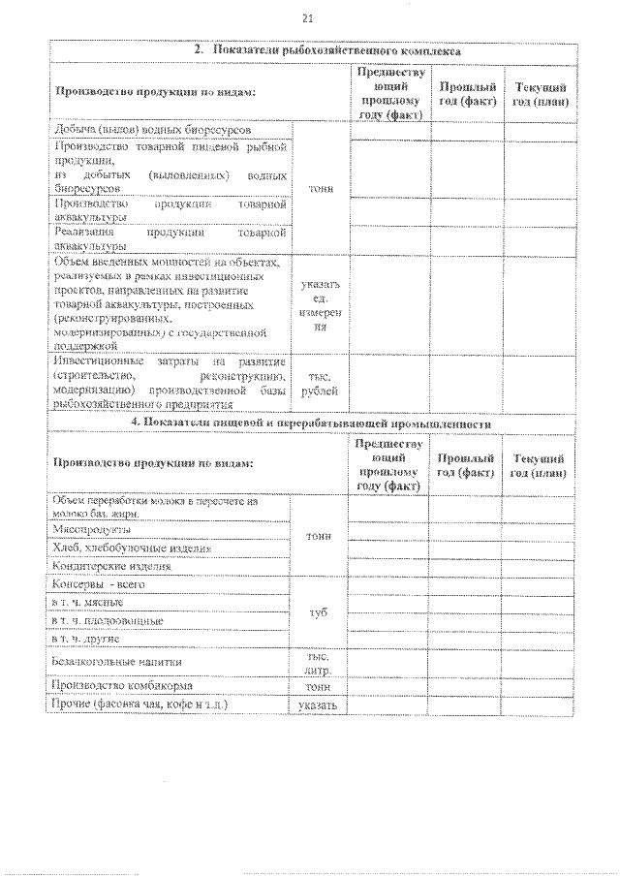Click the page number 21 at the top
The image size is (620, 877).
[x=308, y=17]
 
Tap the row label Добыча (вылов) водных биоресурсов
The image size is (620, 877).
[x=154, y=129]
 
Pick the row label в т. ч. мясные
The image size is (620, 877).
[x=88, y=603]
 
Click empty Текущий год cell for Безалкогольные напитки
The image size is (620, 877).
[x=540, y=661]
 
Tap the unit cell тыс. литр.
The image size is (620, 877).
[x=320, y=661]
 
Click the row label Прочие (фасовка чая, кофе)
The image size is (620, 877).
[x=140, y=705]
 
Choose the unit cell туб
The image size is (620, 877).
[x=320, y=612]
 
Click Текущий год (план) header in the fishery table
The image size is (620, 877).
[x=540, y=94]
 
